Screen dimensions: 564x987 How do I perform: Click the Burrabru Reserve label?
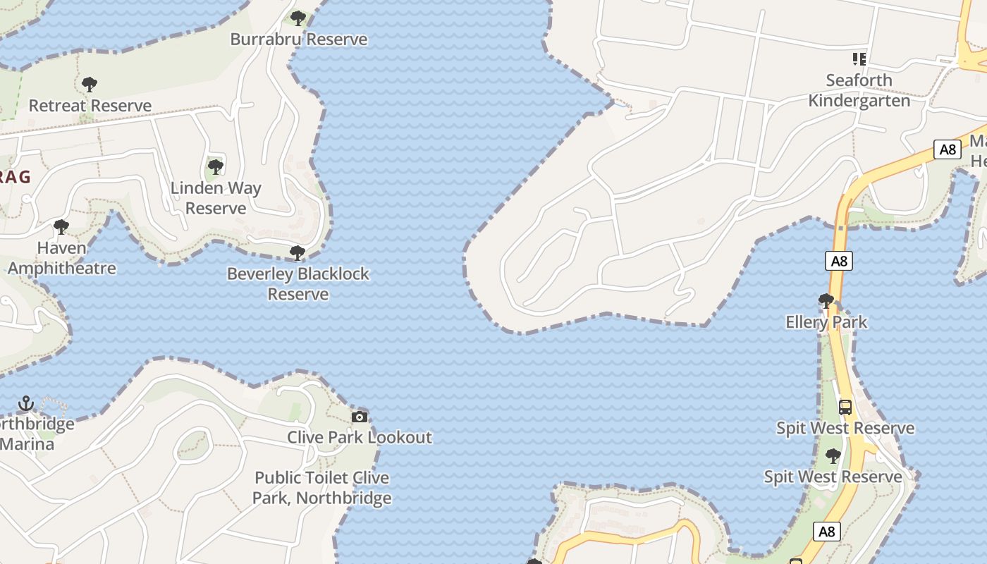tap(299, 39)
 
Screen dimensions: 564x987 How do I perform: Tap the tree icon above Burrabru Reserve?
tap(298, 18)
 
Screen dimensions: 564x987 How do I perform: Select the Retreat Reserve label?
tap(90, 106)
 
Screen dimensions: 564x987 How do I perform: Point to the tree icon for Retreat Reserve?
tap(90, 85)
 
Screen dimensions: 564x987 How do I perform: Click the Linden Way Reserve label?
tap(216, 198)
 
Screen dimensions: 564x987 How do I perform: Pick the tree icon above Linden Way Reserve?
tap(216, 167)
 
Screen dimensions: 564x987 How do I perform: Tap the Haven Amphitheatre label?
tap(62, 258)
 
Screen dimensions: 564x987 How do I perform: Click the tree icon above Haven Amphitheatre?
tap(61, 227)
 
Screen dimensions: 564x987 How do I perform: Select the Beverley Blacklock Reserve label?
tap(298, 283)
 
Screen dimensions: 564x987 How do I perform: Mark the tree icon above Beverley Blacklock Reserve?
tap(298, 252)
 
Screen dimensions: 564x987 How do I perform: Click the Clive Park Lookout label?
tap(360, 437)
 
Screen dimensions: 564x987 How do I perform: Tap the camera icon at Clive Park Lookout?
tap(360, 417)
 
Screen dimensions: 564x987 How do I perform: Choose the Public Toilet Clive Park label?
tap(322, 488)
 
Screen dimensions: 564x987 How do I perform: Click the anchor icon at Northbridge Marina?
tap(26, 403)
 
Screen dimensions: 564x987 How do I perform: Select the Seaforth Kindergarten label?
tap(859, 90)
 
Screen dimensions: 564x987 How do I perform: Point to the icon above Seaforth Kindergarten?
tap(859, 59)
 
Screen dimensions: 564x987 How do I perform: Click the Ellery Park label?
tap(826, 322)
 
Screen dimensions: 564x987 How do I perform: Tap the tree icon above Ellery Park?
tap(826, 301)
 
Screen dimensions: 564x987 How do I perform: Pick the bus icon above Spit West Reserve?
tap(845, 407)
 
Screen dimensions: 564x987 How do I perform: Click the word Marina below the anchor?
tap(27, 444)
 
